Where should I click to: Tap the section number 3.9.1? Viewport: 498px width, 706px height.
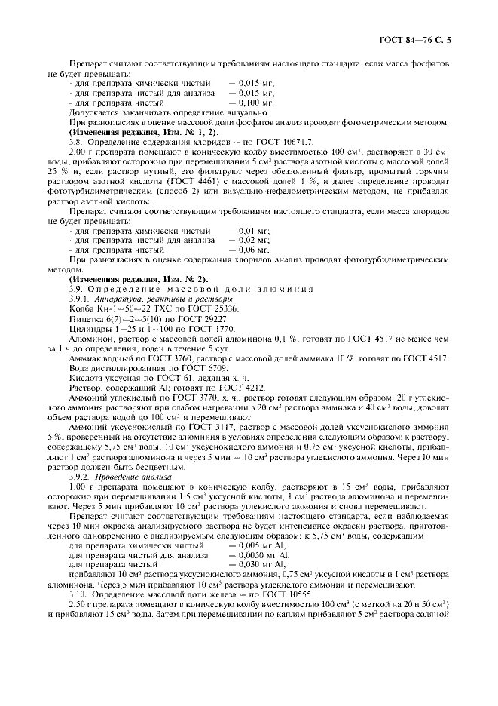[80, 299]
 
